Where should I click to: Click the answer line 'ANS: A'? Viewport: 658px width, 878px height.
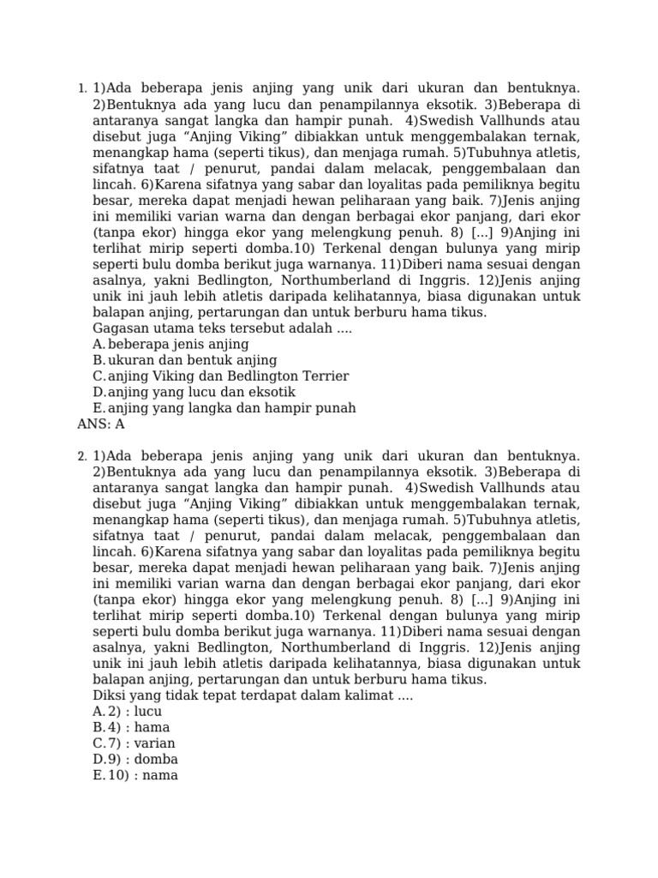coord(101,424)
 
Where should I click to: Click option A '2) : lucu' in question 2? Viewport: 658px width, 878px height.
coord(128,712)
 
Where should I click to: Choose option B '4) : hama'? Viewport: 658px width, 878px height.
coord(131,728)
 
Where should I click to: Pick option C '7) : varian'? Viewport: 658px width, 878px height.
coord(135,743)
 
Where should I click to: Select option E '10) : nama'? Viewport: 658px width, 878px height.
coord(135,776)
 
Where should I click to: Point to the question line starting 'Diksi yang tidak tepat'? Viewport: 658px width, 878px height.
coord(252,696)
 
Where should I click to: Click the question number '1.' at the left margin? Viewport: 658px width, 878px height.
coord(81,89)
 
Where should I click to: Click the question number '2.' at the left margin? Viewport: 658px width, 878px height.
coord(81,456)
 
